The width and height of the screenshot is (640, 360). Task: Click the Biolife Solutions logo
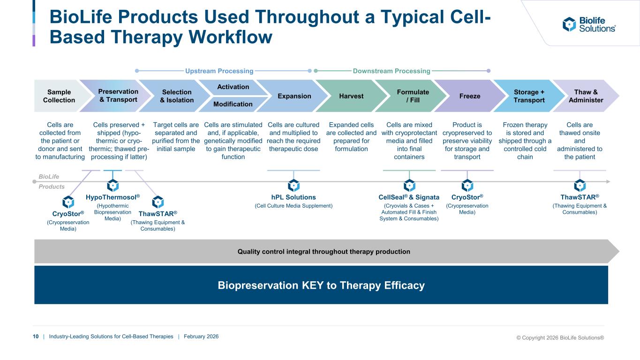pos(589,24)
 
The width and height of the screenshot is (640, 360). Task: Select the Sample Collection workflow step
pos(59,96)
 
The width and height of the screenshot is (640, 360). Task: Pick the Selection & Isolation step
pos(177,96)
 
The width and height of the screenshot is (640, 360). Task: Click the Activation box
pos(233,87)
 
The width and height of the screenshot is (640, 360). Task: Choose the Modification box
pos(233,104)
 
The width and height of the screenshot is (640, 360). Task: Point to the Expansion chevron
pos(294,96)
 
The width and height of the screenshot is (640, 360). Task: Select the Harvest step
pos(351,96)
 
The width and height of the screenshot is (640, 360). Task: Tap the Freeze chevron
pos(470,96)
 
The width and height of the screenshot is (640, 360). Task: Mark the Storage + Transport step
pos(529,96)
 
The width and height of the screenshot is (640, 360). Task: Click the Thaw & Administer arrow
pos(586,96)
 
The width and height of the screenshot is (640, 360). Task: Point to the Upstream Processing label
pos(219,71)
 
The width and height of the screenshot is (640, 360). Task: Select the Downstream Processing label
pos(391,71)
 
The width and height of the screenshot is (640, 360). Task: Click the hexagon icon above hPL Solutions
pos(294,186)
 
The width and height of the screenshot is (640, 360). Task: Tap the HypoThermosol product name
pos(113,197)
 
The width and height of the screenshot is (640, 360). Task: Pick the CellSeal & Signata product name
pos(409,197)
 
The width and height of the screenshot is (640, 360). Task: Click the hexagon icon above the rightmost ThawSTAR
pos(580,186)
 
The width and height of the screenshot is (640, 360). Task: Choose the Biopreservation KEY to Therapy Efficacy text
pos(321,285)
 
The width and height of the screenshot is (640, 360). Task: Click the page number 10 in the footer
pos(36,337)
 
